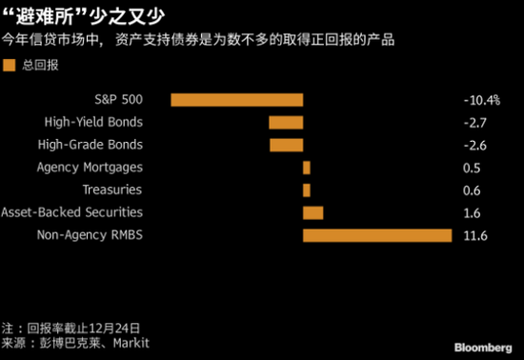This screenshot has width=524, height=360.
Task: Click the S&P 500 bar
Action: point(236,99)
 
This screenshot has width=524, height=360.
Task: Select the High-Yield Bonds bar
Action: point(286,122)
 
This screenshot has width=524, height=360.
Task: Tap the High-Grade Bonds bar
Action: point(286,145)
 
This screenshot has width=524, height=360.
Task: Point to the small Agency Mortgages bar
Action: point(307,168)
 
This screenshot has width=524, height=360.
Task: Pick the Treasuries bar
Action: point(307,190)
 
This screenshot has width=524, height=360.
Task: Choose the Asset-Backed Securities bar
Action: point(312,212)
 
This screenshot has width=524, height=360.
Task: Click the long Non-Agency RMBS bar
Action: point(376,235)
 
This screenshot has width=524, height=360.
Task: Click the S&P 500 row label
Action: point(119,99)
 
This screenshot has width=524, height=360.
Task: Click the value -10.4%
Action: point(480,99)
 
